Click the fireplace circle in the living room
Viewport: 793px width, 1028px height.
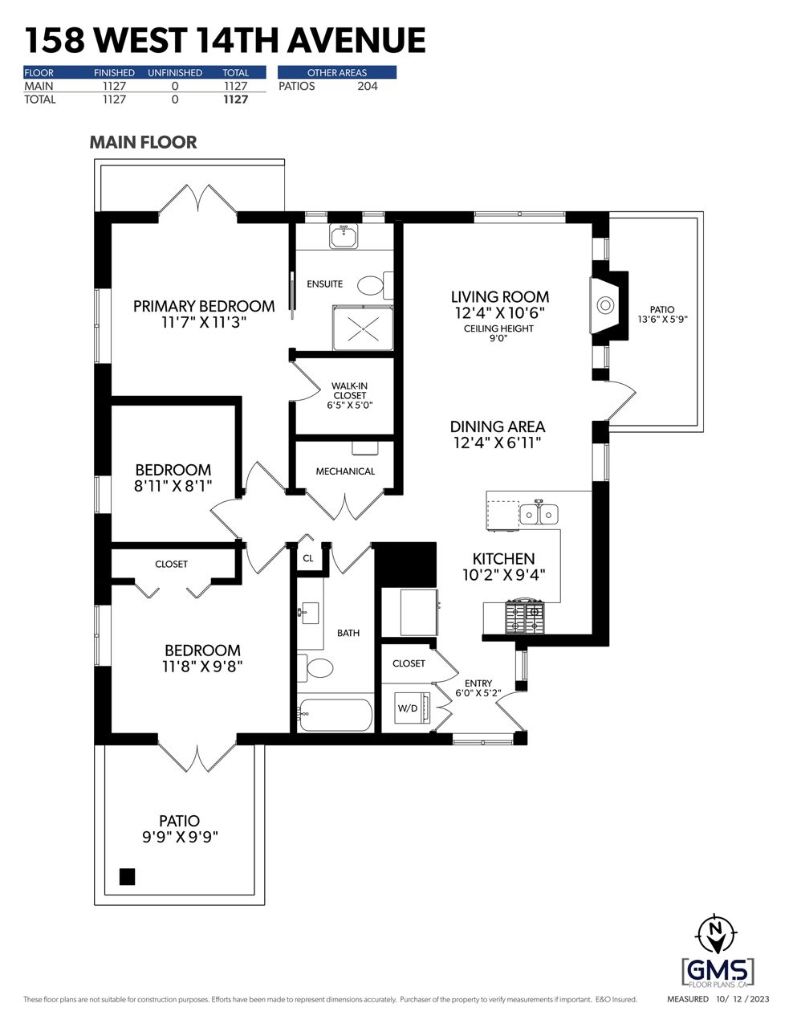click(605, 305)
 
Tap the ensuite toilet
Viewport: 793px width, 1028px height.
click(376, 285)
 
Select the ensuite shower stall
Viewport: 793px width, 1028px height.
click(363, 328)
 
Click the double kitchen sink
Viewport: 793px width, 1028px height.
click(539, 513)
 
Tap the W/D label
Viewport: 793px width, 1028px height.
click(408, 708)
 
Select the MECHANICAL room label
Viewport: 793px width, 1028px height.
click(345, 471)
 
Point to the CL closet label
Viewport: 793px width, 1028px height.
click(308, 558)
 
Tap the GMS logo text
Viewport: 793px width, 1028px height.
click(718, 971)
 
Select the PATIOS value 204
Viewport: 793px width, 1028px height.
click(368, 86)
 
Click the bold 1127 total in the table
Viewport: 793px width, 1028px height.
click(236, 100)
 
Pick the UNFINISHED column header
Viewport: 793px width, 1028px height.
click(175, 73)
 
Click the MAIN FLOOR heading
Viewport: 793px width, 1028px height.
click(143, 142)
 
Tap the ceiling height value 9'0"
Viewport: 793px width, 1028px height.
click(498, 338)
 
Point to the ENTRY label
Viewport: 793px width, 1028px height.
click(478, 683)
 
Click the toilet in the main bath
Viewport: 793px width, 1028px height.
click(315, 668)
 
